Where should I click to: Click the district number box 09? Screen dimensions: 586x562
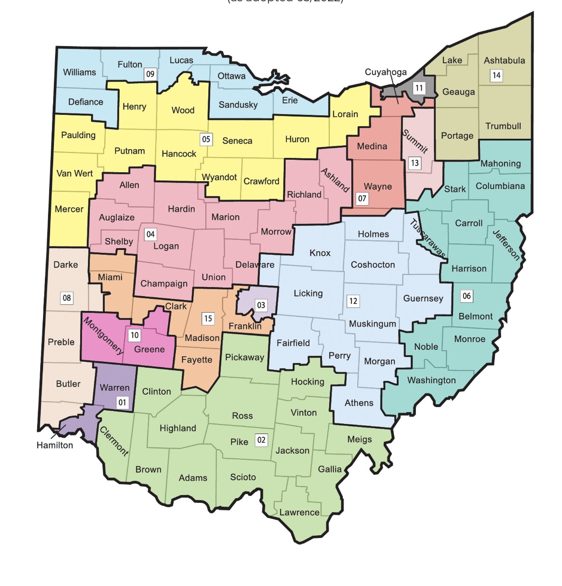[150, 74]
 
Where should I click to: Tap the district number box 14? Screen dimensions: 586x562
[496, 76]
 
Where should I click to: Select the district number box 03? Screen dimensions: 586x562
[261, 305]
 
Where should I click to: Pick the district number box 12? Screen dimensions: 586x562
[353, 301]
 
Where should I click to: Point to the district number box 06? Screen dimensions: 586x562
[466, 296]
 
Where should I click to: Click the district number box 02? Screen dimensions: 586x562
[261, 440]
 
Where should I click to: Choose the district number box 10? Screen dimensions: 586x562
[135, 336]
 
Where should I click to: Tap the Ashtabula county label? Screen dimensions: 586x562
[504, 60]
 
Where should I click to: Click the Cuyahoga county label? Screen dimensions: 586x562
[386, 72]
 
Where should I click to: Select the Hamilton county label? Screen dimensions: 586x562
[55, 445]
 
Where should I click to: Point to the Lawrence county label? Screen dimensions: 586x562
[300, 513]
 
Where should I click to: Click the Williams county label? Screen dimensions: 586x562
[79, 72]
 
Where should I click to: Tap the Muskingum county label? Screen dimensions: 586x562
[372, 324]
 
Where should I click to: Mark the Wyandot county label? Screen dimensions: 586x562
[219, 177]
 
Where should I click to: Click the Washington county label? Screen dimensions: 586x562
[431, 380]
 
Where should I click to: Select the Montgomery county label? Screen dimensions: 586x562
[104, 336]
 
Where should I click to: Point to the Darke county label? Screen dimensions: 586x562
[65, 265]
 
